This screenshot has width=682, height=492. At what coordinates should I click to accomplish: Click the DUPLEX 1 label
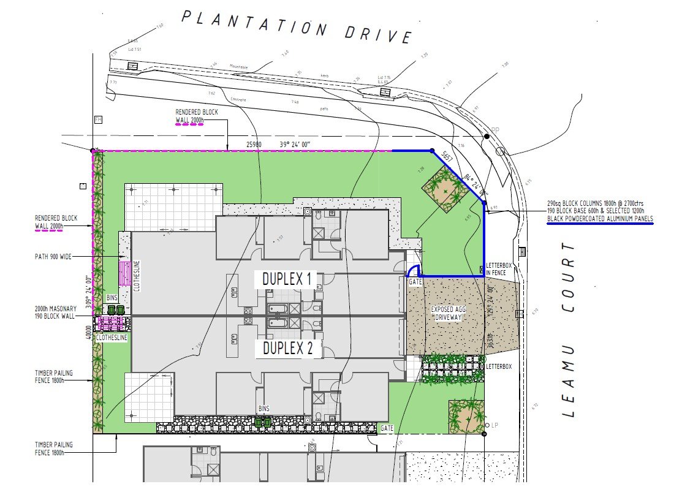[287, 279]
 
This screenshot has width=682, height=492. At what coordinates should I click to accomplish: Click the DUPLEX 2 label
[287, 349]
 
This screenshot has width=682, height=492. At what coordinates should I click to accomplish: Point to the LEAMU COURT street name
[569, 330]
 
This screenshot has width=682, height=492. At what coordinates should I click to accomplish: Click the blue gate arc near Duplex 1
[415, 271]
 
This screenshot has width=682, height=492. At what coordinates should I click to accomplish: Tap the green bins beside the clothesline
[115, 310]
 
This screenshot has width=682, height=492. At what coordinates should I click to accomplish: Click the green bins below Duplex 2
[263, 421]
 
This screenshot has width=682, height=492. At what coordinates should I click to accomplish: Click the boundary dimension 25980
[254, 145]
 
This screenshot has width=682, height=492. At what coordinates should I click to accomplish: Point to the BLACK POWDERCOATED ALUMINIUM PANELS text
[600, 219]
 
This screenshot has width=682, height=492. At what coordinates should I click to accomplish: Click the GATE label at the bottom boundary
[386, 428]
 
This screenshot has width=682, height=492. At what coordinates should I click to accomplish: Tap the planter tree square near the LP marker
[466, 416]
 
